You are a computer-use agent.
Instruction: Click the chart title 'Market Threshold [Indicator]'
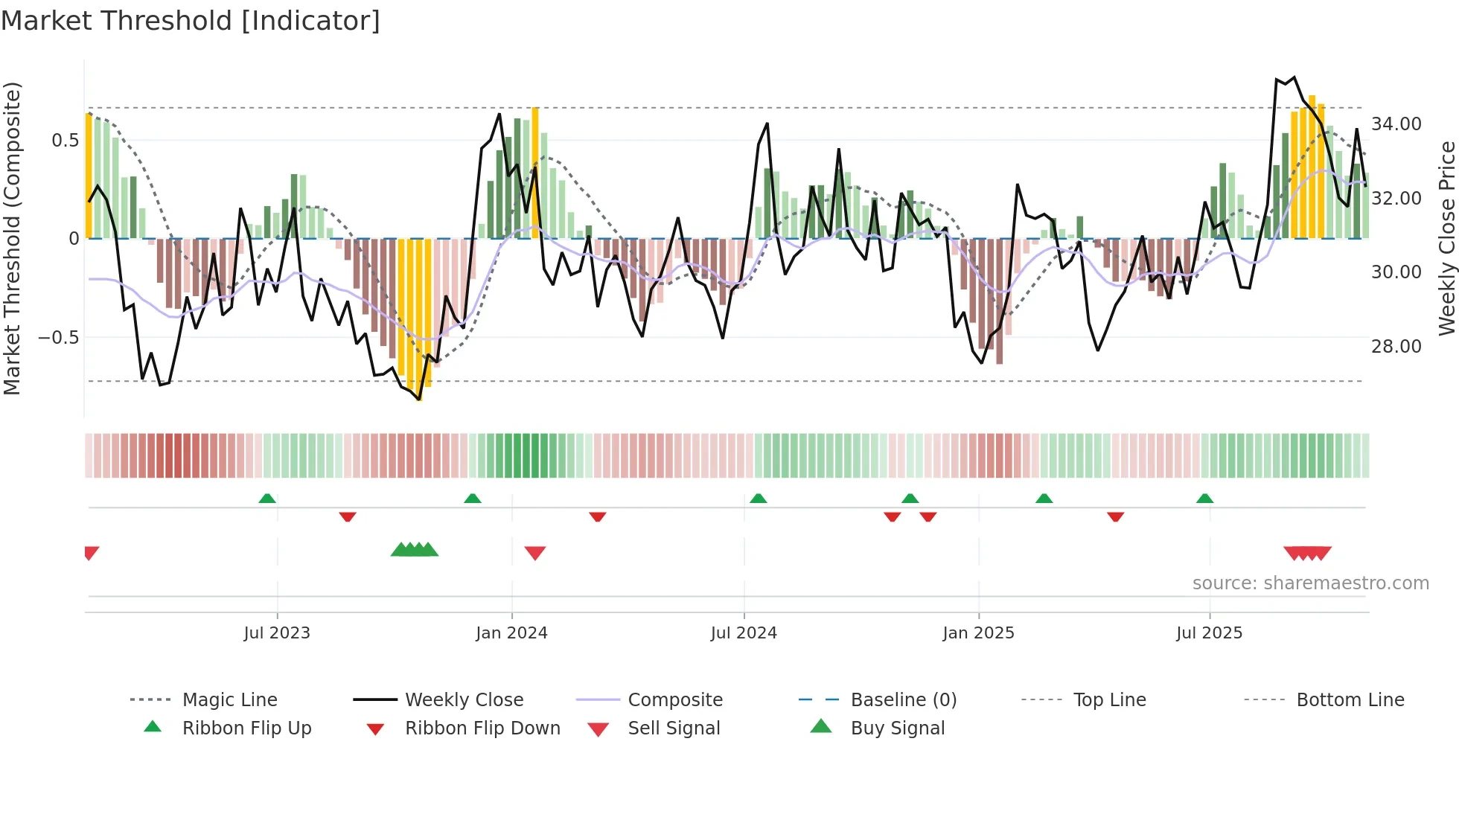[191, 21]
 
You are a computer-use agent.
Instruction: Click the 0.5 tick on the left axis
[66, 141]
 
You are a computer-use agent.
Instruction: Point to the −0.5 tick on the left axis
[59, 338]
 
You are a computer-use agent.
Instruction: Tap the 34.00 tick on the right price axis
[1396, 124]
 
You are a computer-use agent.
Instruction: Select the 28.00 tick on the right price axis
[1396, 347]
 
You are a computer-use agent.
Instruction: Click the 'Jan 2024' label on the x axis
[511, 633]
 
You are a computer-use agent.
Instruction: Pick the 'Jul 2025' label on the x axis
[1209, 633]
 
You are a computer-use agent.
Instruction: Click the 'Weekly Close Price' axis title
[1446, 238]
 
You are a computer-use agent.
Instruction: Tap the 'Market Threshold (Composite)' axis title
[12, 238]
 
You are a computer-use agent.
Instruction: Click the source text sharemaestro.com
[1310, 583]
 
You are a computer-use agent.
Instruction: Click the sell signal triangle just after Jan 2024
[535, 553]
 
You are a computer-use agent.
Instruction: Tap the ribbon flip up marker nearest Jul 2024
[758, 499]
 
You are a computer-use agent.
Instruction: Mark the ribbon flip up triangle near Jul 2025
[1204, 499]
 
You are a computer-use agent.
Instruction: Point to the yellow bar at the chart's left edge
[89, 176]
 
